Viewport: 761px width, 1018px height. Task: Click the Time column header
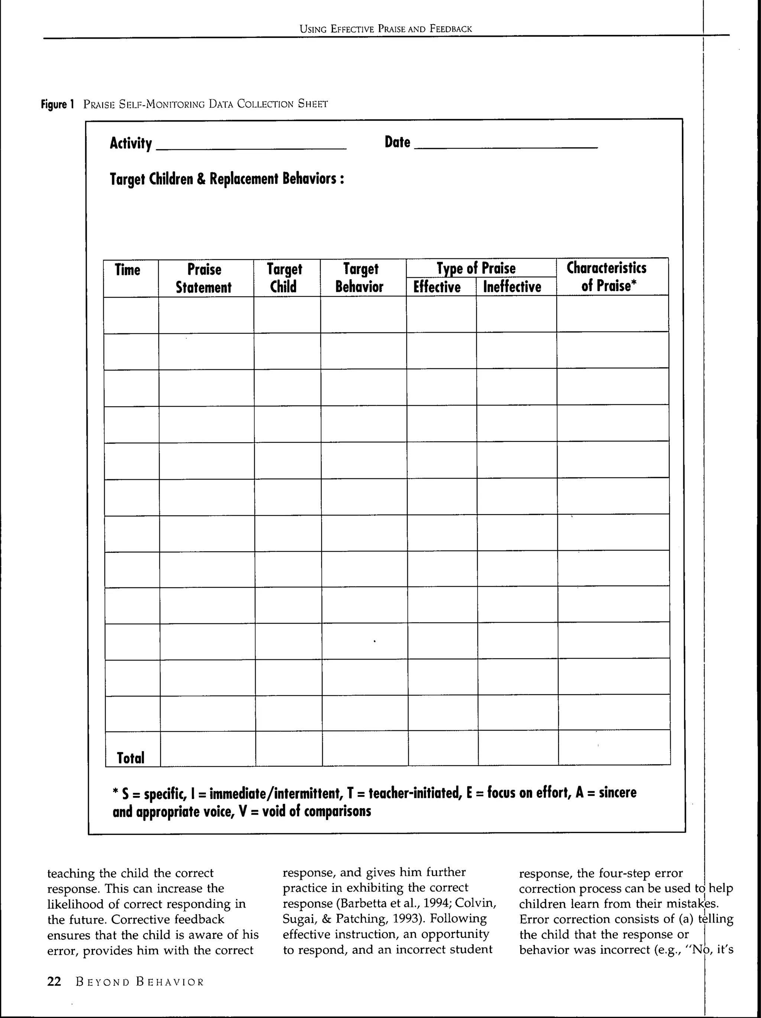click(x=127, y=270)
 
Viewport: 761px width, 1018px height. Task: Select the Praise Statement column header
click(x=204, y=278)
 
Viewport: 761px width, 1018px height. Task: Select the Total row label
click(x=130, y=757)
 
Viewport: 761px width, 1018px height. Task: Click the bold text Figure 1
click(x=58, y=104)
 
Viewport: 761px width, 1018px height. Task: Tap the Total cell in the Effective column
click(x=443, y=748)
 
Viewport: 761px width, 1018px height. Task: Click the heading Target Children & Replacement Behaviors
click(x=227, y=179)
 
